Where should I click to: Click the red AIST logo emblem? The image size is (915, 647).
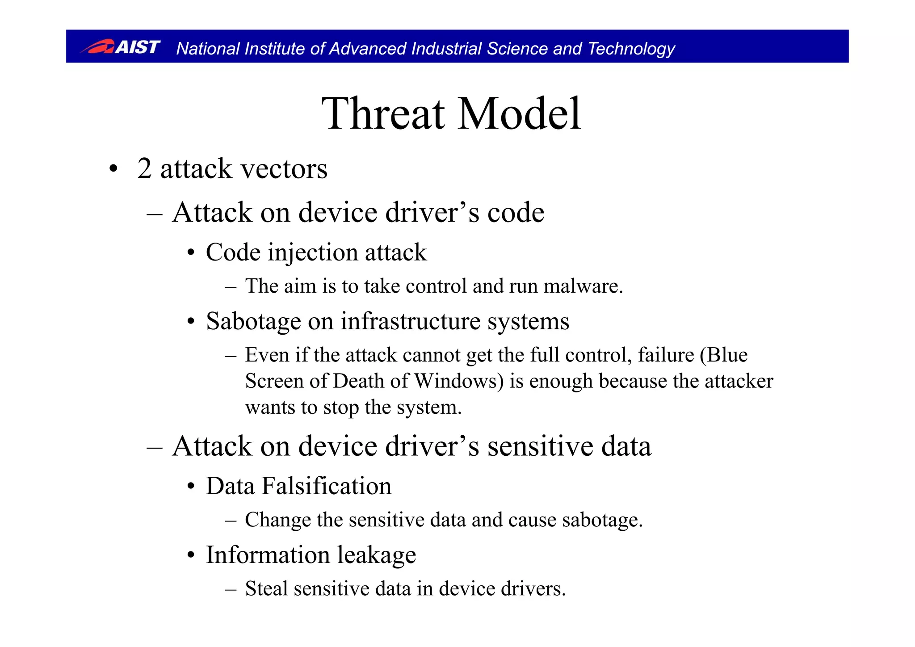[98, 46]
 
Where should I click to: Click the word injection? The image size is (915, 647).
[313, 253]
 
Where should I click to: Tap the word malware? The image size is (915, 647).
[583, 286]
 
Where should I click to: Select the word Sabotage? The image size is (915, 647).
[253, 321]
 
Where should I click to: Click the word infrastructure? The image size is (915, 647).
[410, 321]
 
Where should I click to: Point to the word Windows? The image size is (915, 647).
[458, 381]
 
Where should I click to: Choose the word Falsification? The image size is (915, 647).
[326, 486]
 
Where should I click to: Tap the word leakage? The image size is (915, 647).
[376, 555]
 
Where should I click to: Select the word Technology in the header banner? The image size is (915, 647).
[631, 49]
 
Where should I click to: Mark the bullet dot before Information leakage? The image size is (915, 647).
[191, 555]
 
